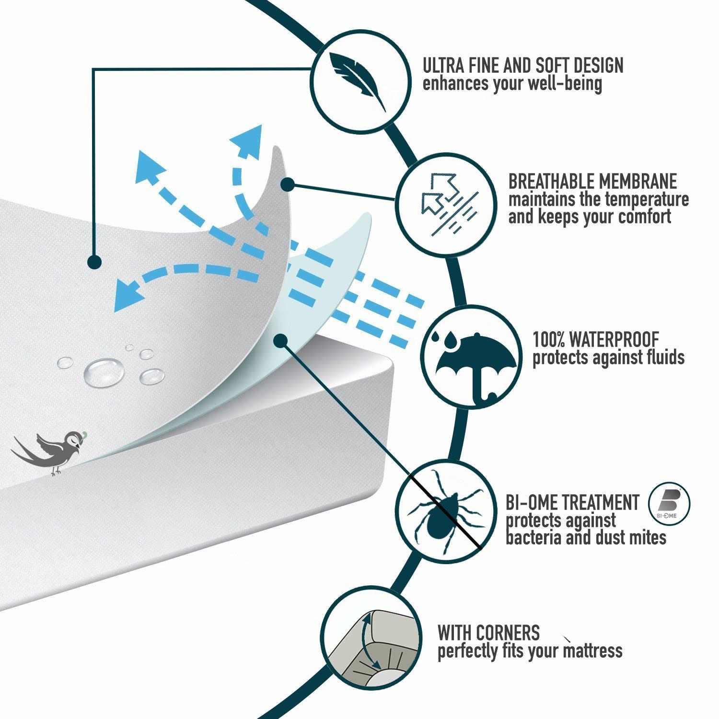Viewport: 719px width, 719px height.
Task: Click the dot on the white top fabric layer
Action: pos(94,262)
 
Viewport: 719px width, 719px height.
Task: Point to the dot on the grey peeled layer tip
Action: pos(288,184)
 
